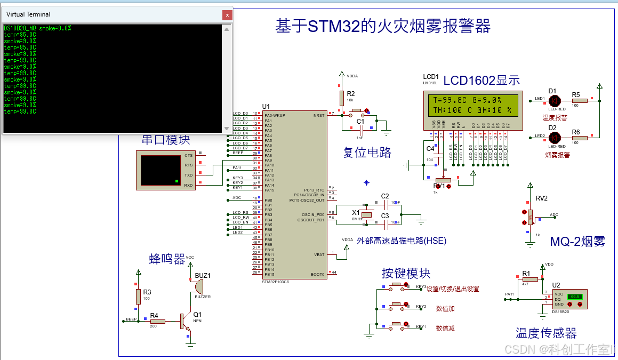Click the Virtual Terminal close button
227,15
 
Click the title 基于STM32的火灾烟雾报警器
382,26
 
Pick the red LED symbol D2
554,138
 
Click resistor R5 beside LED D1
579,100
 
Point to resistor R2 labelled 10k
341,98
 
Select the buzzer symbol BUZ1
198,286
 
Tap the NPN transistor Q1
184,321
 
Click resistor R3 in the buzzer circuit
138,297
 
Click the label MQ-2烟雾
577,241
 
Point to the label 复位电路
367,153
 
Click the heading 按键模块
406,273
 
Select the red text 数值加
445,308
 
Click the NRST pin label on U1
318,115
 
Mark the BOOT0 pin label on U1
317,274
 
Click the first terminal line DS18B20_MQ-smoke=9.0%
37,28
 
